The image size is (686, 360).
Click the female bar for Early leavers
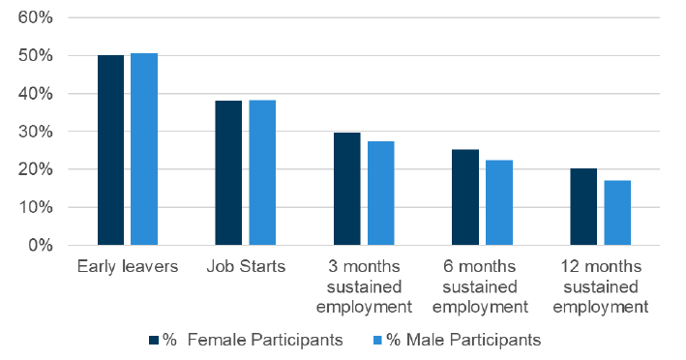click(x=110, y=150)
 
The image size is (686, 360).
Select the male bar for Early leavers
click(x=144, y=149)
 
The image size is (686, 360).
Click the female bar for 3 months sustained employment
click(x=346, y=189)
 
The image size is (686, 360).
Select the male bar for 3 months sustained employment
click(x=380, y=193)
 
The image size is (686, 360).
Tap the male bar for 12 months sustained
click(x=616, y=212)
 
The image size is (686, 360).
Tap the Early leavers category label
click(x=127, y=267)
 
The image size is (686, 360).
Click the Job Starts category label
click(x=245, y=267)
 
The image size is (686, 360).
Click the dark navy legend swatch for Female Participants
click(x=154, y=340)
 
